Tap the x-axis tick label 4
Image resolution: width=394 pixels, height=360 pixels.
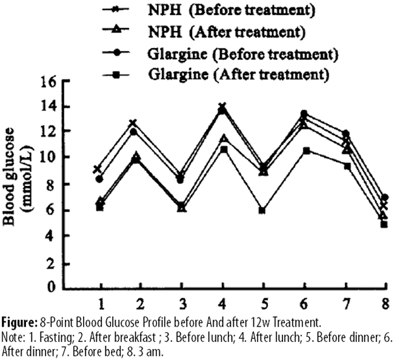pos(223,302)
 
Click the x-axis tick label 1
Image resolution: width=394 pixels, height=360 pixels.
pos(101,302)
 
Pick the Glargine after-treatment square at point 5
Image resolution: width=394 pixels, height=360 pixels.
pos(262,210)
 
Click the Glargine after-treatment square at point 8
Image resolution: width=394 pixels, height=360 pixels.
pos(384,224)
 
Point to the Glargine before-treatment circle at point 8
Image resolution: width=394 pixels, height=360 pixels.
pos(384,198)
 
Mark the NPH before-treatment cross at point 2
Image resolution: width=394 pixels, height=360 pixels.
pos(133,124)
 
